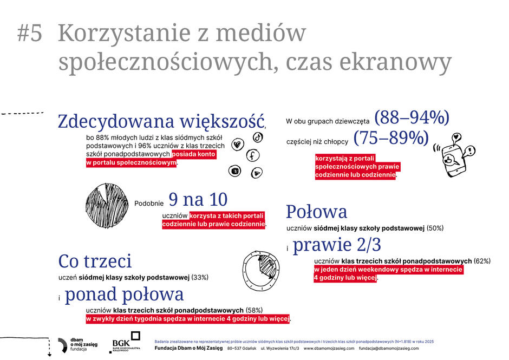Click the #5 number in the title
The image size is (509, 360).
pyautogui.click(x=29, y=34)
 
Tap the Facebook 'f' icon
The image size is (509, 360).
pyautogui.click(x=252, y=156)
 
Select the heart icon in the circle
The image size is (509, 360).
pyautogui.click(x=237, y=145)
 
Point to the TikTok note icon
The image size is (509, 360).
pyautogui.click(x=258, y=138)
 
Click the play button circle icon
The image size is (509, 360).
pyautogui.click(x=257, y=173)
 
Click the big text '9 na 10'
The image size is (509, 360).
pyautogui.click(x=198, y=199)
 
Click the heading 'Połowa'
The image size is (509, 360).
pyautogui.click(x=316, y=211)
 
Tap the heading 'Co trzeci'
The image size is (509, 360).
pyautogui.click(x=95, y=261)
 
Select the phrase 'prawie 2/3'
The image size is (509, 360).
pyautogui.click(x=337, y=245)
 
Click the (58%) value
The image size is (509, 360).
pyautogui.click(x=253, y=310)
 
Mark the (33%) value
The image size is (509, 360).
pyautogui.click(x=200, y=277)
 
